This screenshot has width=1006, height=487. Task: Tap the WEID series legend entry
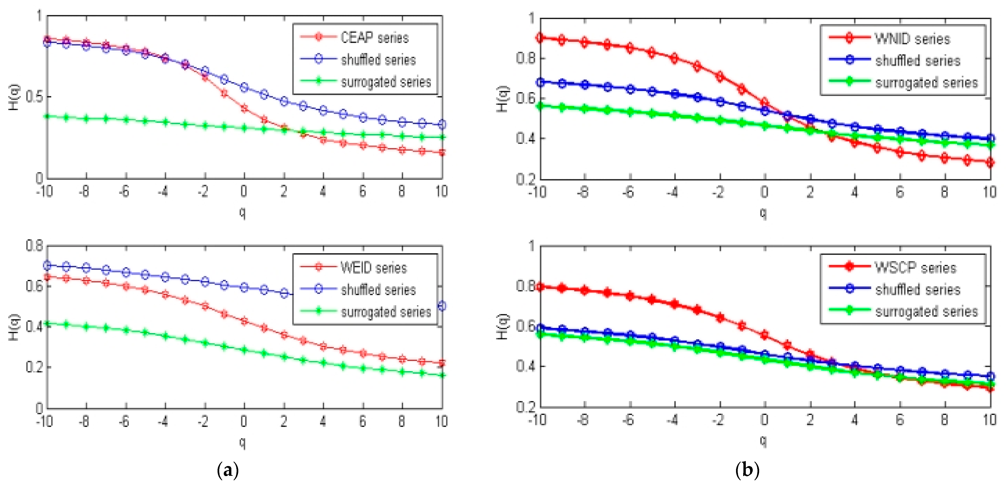(374, 268)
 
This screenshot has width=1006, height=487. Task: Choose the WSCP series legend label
(915, 268)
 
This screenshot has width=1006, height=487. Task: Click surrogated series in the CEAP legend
(386, 82)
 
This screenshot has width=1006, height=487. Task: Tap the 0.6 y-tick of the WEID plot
(34, 286)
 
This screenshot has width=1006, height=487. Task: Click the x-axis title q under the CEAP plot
(243, 213)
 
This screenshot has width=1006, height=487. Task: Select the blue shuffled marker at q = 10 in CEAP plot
(442, 125)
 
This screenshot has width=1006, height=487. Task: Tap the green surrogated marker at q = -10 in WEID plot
(47, 323)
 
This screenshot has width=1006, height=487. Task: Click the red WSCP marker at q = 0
(765, 335)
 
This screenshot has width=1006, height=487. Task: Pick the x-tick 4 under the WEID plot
(323, 421)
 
